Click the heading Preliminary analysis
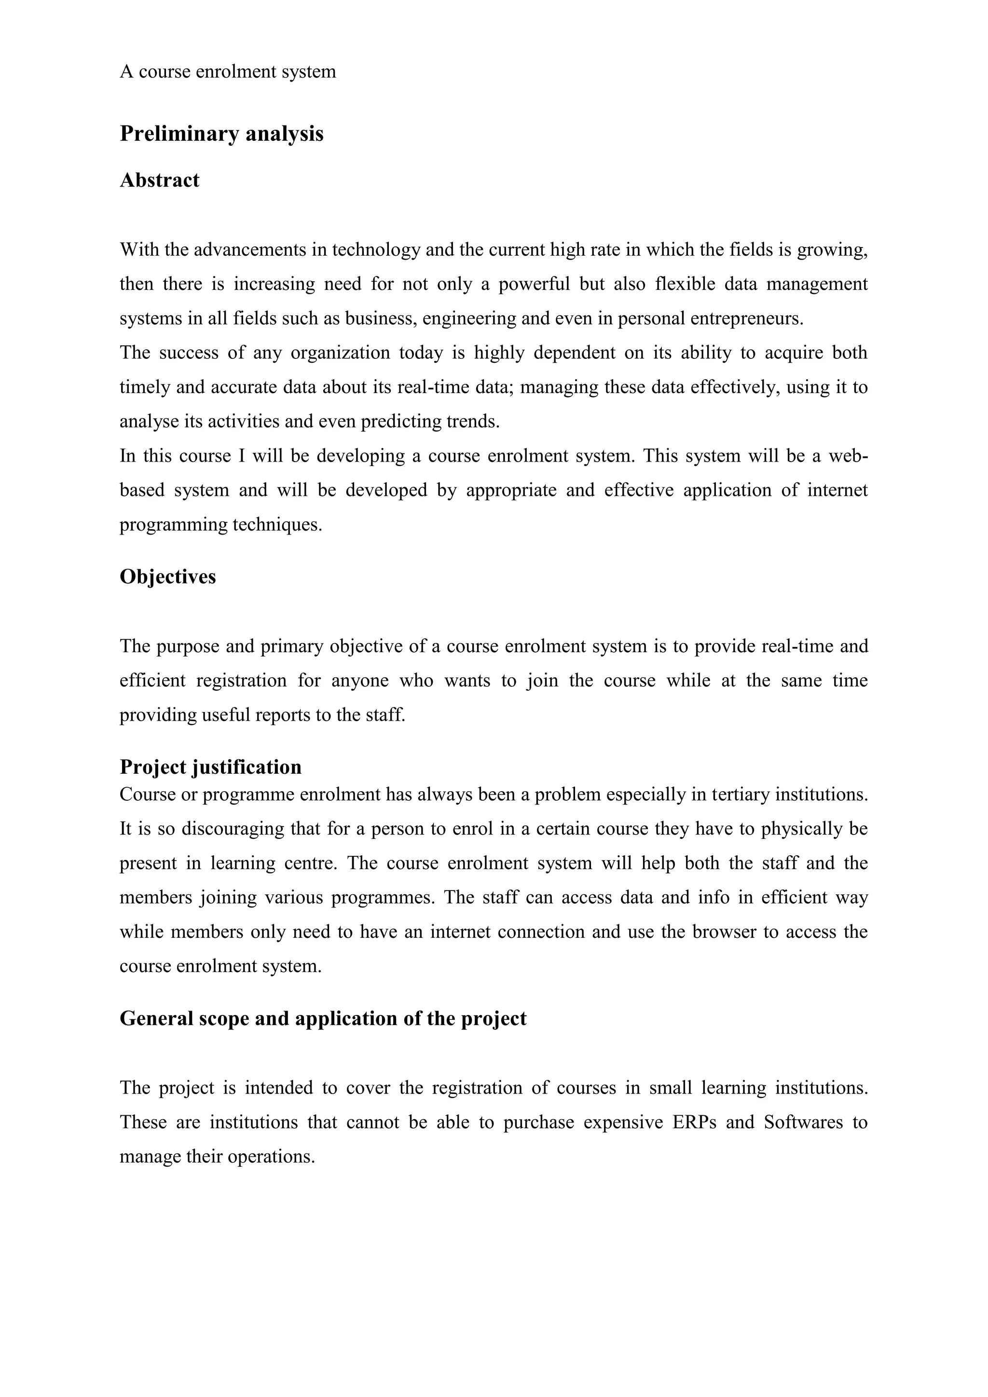[221, 133]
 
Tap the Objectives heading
[168, 576]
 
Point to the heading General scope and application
[323, 1018]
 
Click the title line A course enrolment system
[228, 72]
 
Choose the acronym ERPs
[694, 1122]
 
